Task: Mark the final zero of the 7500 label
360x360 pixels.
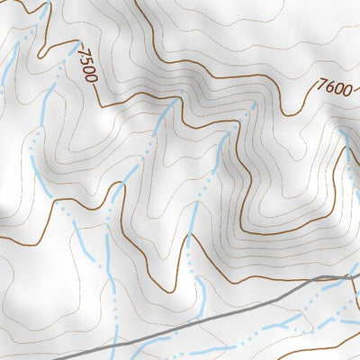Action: [90, 77]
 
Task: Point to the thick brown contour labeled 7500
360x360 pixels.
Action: [126, 99]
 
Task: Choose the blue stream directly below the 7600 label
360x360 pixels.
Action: [346, 144]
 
